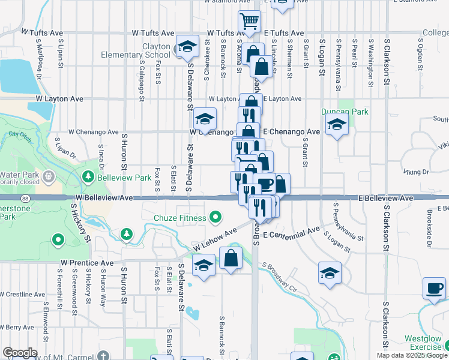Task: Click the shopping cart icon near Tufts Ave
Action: [x=250, y=22]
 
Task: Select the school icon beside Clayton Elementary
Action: [x=187, y=47]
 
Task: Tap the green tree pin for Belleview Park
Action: [x=88, y=177]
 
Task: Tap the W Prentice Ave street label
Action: [x=87, y=263]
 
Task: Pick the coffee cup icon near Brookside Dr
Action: [x=433, y=289]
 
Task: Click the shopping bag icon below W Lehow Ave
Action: [x=231, y=259]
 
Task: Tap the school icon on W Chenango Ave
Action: [x=205, y=119]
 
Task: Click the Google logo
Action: [x=20, y=353]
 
